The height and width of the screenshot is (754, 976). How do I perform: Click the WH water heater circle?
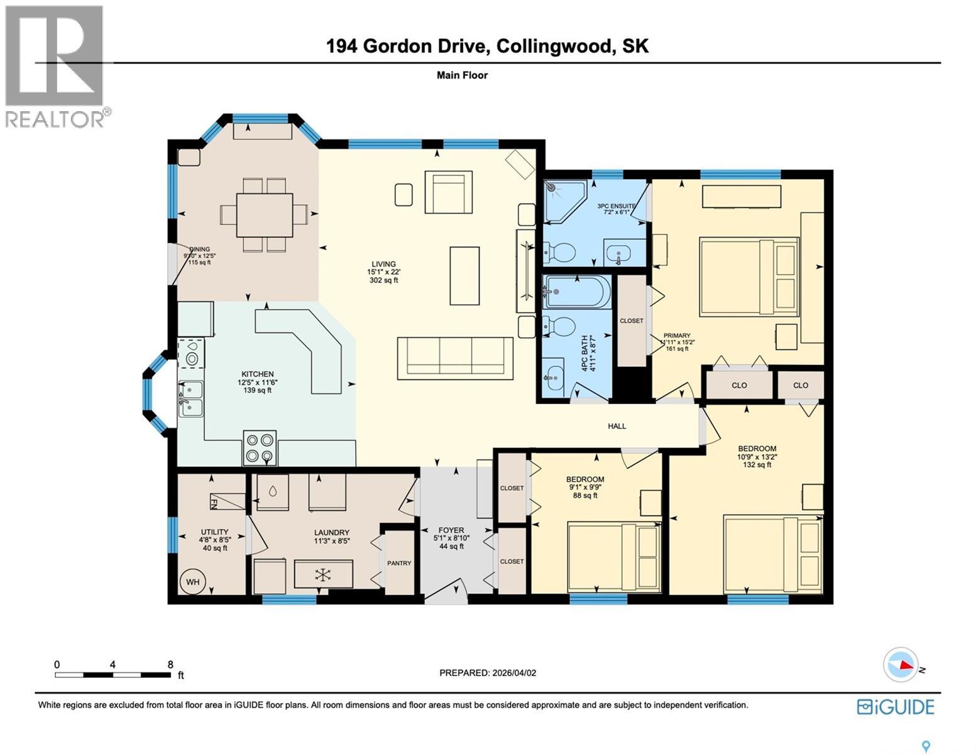coord(192,582)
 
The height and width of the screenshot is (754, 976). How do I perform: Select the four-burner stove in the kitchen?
coord(260,448)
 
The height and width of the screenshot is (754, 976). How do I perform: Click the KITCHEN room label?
coord(258,374)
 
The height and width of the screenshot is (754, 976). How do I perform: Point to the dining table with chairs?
coord(264,215)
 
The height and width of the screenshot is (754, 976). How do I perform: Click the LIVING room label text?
coord(383,264)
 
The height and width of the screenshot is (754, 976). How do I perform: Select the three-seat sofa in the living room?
coord(455,358)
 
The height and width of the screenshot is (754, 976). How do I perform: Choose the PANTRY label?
coord(399,563)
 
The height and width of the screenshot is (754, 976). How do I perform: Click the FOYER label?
coord(451,530)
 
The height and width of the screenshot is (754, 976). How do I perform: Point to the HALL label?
coord(617,426)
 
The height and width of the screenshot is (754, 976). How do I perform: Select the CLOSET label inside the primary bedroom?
coord(632,320)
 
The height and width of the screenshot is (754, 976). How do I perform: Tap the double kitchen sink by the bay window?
coord(190,399)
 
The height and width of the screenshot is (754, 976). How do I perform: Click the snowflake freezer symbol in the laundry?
coord(323,574)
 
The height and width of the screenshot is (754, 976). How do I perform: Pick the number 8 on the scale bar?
coord(170,664)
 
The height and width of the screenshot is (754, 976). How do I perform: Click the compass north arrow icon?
coord(901,664)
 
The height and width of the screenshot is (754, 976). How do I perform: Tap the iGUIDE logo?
coord(896,707)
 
